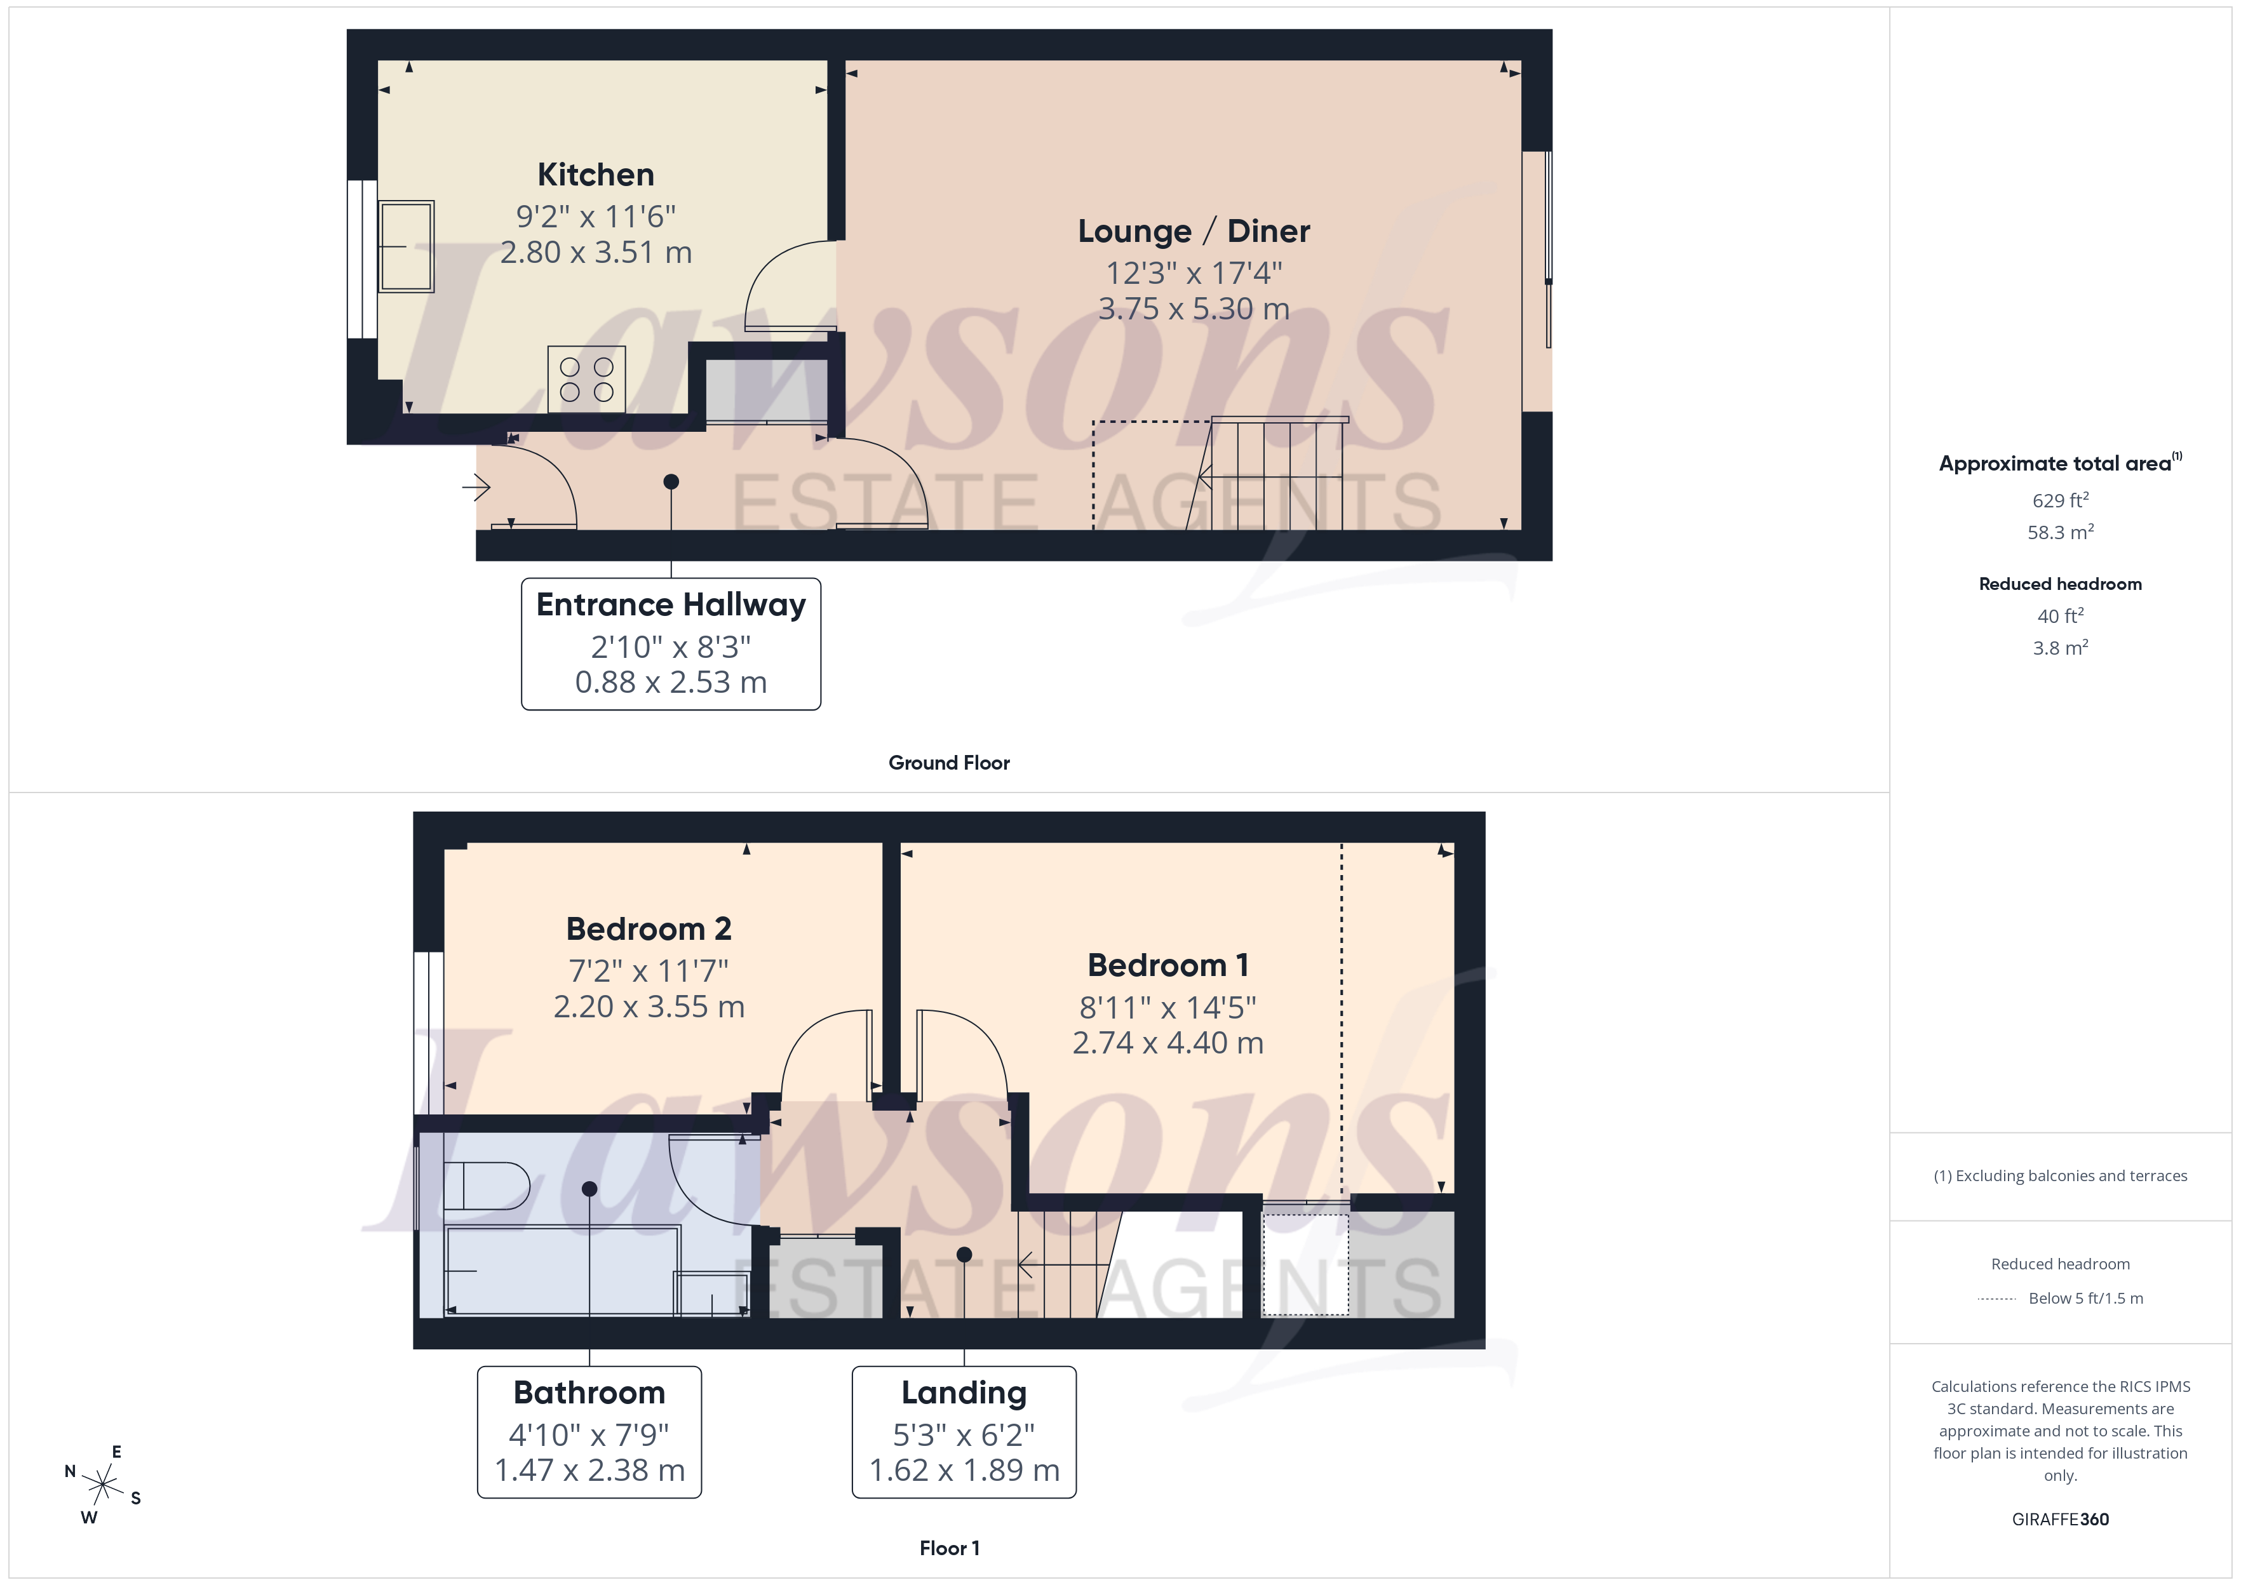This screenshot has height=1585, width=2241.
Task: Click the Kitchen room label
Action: [595, 175]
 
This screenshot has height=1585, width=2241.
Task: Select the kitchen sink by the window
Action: [406, 246]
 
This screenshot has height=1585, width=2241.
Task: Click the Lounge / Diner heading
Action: [1193, 231]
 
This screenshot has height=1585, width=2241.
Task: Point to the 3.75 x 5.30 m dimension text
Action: [1193, 309]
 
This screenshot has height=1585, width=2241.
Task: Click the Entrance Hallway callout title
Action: [671, 605]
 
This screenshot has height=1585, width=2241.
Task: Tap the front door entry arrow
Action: [476, 485]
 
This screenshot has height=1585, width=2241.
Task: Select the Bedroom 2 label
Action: [648, 929]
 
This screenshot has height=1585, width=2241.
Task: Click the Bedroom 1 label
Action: [1168, 965]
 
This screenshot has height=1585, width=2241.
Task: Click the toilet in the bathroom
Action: [485, 1186]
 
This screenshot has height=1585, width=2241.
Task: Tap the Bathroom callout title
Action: [589, 1393]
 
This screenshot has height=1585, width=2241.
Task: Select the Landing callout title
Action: [964, 1393]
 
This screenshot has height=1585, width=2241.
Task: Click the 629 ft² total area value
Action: [2059, 500]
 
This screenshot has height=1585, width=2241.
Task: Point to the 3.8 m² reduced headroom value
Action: [2059, 648]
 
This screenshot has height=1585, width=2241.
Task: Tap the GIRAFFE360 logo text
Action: [2059, 1520]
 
